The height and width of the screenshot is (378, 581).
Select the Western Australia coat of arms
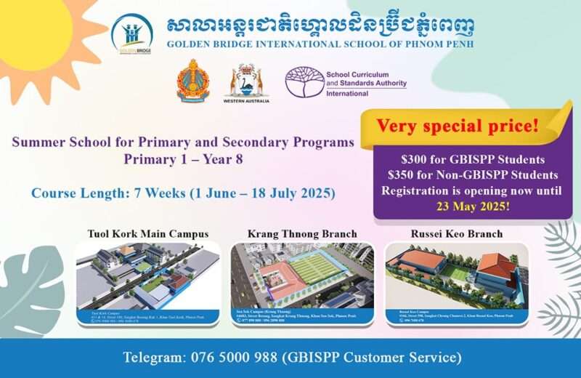tap(248, 84)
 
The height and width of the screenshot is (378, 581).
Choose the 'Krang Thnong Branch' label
tap(302, 234)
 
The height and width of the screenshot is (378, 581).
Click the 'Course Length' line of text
tap(184, 194)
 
